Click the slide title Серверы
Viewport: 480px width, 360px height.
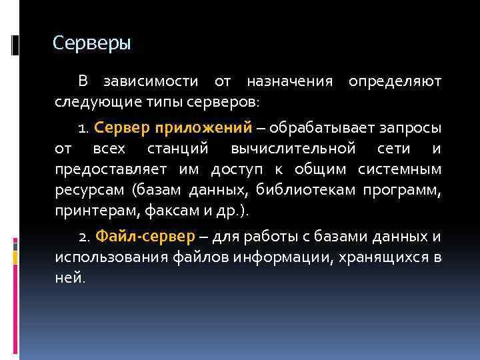click(x=92, y=44)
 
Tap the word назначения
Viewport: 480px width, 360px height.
click(x=289, y=82)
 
